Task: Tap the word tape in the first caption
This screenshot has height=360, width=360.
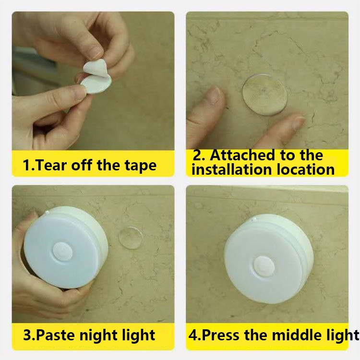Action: pos(141,166)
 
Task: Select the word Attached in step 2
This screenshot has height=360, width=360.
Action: pos(242,155)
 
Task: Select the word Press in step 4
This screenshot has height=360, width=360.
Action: pos(220,335)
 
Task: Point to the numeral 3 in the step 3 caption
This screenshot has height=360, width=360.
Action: pos(27,335)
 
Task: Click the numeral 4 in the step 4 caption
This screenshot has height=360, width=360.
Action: pos(193,335)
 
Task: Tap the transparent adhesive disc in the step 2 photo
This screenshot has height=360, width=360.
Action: pos(264,95)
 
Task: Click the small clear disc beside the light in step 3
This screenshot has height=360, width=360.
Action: pos(131,238)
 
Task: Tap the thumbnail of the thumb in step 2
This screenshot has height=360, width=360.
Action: pos(215,96)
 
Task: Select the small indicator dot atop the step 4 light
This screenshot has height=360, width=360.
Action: pos(254,219)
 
